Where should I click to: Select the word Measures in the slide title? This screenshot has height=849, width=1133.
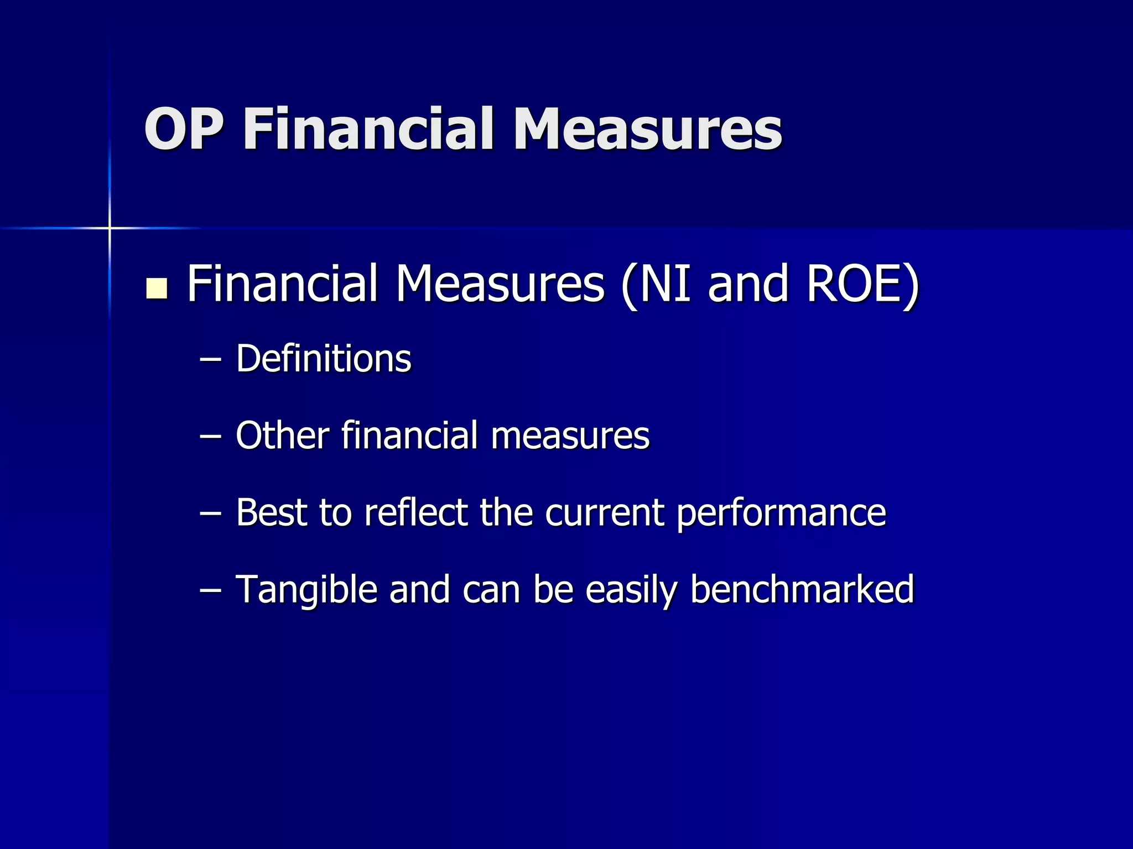pyautogui.click(x=647, y=129)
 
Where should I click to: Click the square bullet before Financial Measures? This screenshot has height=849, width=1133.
pyautogui.click(x=157, y=289)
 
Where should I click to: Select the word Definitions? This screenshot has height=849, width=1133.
pyautogui.click(x=324, y=359)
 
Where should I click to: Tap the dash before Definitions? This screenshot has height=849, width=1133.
pyautogui.click(x=210, y=360)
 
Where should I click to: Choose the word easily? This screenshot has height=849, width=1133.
pyautogui.click(x=631, y=590)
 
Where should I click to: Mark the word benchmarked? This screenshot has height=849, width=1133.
pyautogui.click(x=802, y=589)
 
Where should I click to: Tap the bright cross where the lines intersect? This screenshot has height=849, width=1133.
pyautogui.click(x=110, y=228)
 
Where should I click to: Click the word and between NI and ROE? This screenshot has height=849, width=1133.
pyautogui.click(x=747, y=284)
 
